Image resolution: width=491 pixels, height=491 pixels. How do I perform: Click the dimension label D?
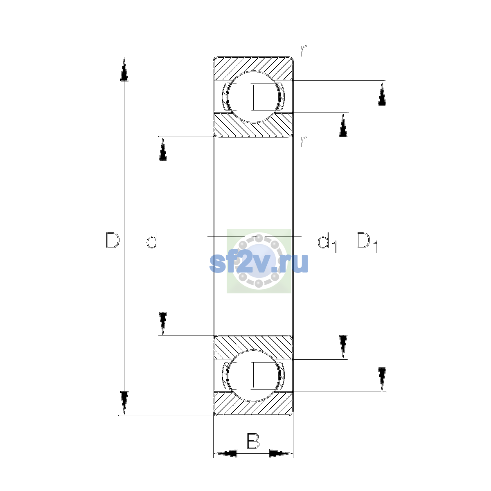(x=113, y=240)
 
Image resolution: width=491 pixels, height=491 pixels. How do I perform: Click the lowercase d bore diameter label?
(x=152, y=240)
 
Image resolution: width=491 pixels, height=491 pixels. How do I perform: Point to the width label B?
(x=253, y=441)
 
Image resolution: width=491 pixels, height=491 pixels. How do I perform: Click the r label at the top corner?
(x=303, y=51)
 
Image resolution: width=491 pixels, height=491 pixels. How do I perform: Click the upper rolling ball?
(x=253, y=97)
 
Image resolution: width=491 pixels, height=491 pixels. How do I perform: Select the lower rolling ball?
(x=253, y=376)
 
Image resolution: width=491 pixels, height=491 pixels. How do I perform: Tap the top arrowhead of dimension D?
(x=124, y=69)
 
